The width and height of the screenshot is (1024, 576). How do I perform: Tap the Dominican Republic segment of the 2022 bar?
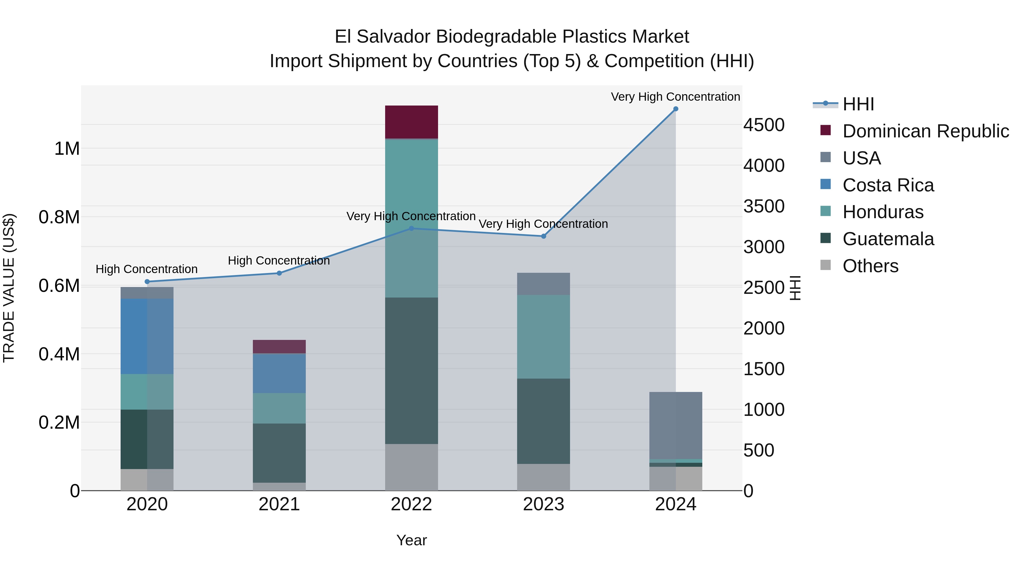coord(411,122)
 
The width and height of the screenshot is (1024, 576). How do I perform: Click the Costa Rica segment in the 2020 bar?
coord(147,336)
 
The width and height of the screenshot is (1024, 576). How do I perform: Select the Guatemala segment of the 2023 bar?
coord(543,421)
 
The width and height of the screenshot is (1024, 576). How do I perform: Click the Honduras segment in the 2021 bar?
coord(279,408)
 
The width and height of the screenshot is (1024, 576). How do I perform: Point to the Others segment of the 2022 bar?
coord(411,467)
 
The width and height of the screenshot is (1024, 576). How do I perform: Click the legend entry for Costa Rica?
coord(888,185)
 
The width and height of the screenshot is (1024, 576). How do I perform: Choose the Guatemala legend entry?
coord(888,239)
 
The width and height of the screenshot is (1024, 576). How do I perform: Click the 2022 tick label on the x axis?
coord(411,504)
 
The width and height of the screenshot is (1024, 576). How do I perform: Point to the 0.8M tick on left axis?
coord(59,217)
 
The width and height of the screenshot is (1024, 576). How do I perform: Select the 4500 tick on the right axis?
coord(764,125)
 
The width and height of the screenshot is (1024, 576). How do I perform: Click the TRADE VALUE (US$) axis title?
coord(9,288)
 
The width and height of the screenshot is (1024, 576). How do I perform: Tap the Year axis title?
coord(411,540)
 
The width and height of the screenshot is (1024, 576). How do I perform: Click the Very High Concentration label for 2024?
coord(675,97)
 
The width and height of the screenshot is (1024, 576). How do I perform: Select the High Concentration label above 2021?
coord(279,261)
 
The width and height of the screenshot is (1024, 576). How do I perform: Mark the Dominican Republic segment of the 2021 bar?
coord(279,347)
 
